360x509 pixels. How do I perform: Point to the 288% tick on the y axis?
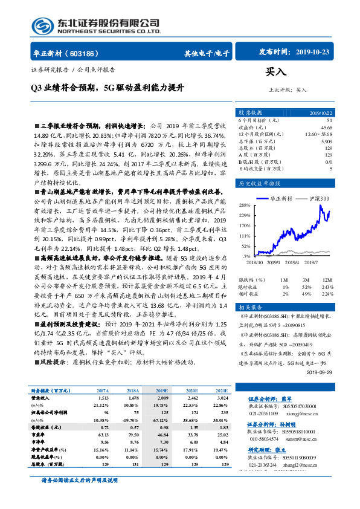(244, 205)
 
